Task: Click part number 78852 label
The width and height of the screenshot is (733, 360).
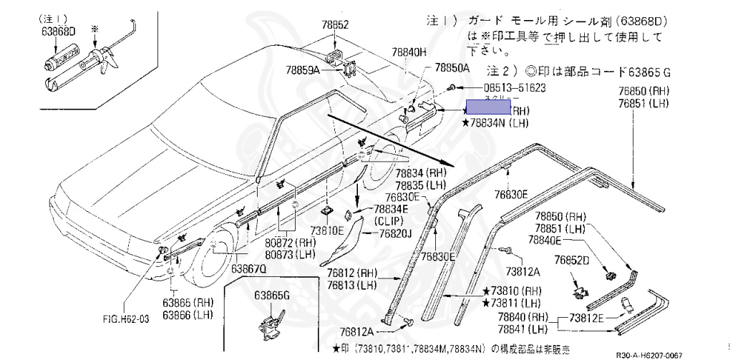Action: click(334, 24)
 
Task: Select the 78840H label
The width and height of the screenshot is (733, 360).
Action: click(409, 52)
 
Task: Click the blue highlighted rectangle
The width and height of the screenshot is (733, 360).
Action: click(488, 107)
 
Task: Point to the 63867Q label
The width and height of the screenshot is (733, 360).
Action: click(248, 268)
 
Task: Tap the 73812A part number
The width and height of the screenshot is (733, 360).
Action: click(524, 272)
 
